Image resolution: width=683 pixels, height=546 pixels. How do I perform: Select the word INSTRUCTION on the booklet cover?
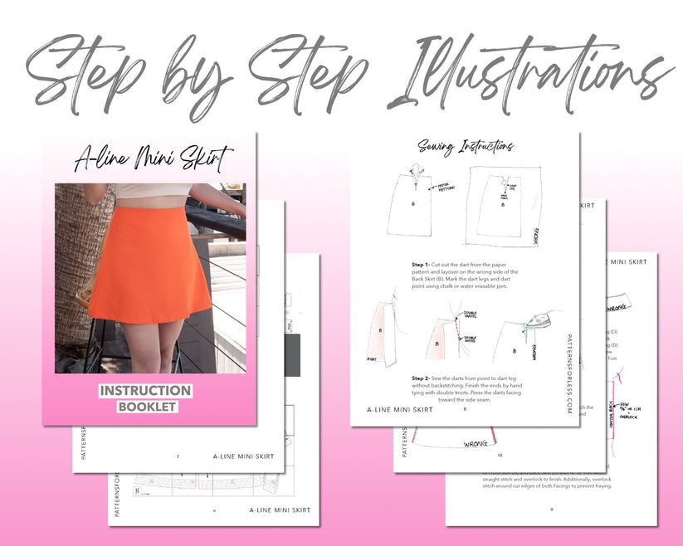pyautogui.click(x=145, y=391)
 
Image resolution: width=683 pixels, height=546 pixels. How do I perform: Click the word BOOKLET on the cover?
pyautogui.click(x=147, y=407)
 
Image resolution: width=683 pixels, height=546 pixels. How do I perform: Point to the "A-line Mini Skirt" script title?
pyautogui.click(x=154, y=157)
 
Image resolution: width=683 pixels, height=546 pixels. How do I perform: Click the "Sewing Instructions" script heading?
pyautogui.click(x=466, y=147)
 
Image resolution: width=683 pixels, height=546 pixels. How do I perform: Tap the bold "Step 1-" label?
pyautogui.click(x=423, y=264)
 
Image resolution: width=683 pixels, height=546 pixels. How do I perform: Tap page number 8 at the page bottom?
pyautogui.click(x=465, y=409)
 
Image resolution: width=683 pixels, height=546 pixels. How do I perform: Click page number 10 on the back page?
pyautogui.click(x=500, y=455)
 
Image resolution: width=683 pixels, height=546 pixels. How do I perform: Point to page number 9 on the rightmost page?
pyautogui.click(x=551, y=509)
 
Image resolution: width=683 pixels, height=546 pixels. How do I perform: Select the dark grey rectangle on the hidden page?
pyautogui.click(x=292, y=356)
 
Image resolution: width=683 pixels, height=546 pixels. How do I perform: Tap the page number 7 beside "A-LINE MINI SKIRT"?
pyautogui.click(x=178, y=456)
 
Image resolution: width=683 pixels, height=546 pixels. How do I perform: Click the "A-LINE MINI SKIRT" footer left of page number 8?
pyautogui.click(x=400, y=409)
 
